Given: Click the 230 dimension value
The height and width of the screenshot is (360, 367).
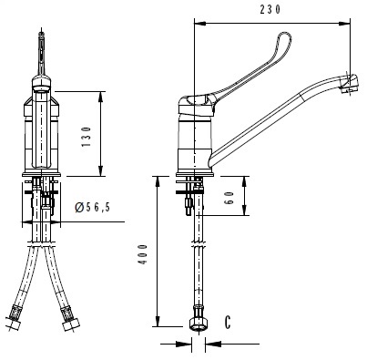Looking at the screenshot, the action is pos(270,9).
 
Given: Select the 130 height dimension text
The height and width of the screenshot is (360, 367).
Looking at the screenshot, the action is pos(87,137).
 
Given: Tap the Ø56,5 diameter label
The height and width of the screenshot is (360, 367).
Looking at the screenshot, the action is pos(93,207).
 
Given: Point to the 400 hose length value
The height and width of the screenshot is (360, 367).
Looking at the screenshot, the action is pos(143,254).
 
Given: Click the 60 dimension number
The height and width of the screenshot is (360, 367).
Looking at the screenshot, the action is pos(229,198).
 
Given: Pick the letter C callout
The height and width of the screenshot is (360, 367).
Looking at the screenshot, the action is pos(228,323).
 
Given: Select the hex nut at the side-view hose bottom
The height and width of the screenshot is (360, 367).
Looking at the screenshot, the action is pos(199,324).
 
